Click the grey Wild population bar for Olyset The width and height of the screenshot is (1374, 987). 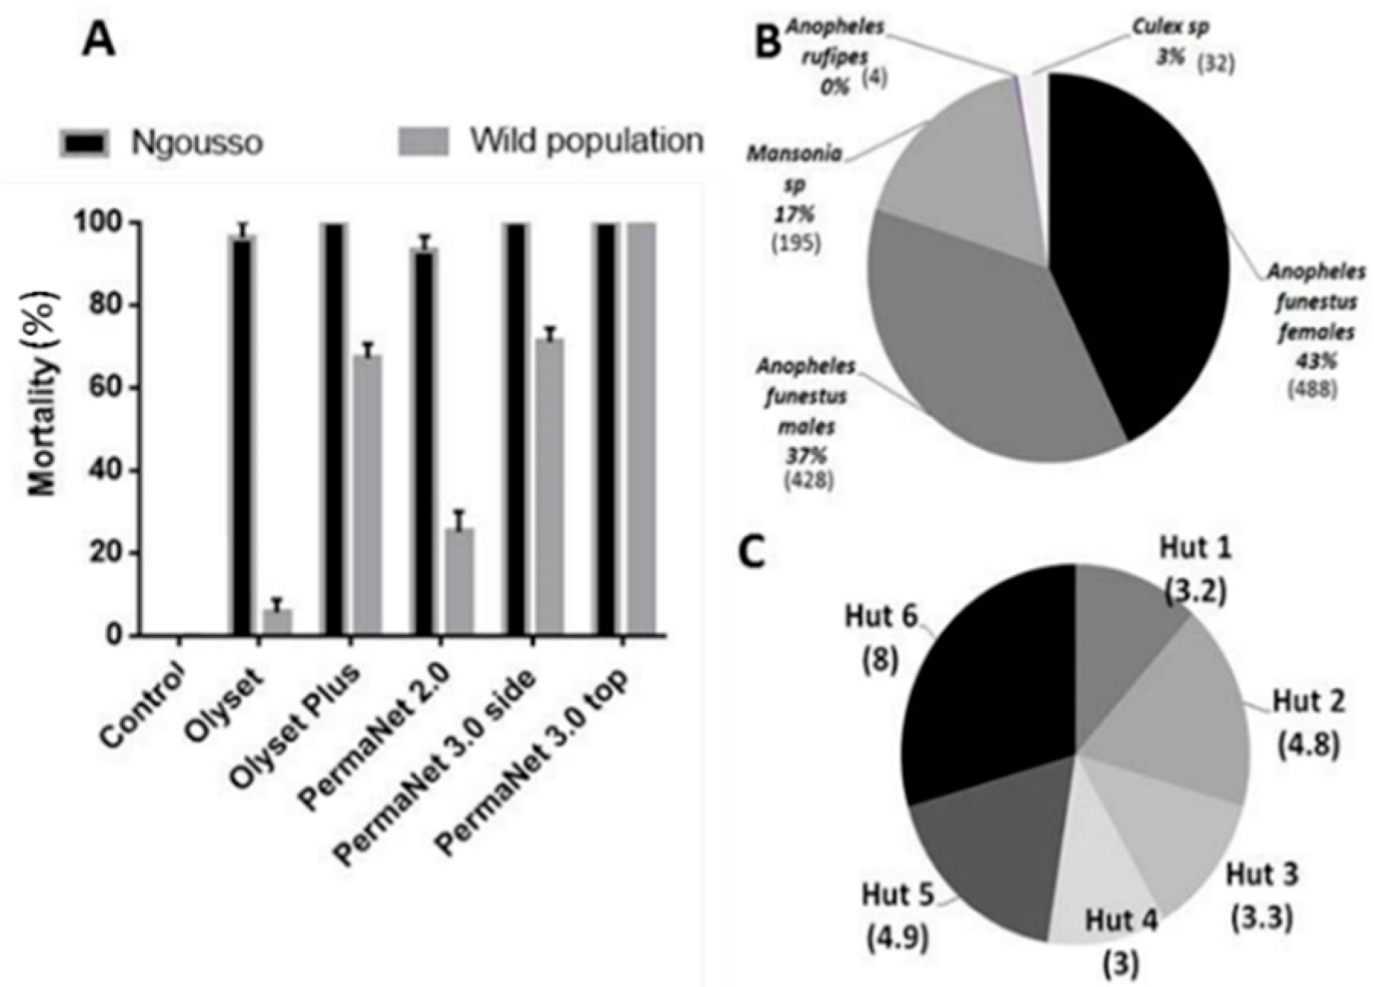277,621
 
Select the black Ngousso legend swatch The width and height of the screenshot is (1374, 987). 85,143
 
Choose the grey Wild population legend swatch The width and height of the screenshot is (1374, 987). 424,141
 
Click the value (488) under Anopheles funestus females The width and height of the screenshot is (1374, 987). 1312,388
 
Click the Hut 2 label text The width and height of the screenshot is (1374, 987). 1308,700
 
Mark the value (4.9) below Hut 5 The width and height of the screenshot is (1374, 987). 898,938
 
